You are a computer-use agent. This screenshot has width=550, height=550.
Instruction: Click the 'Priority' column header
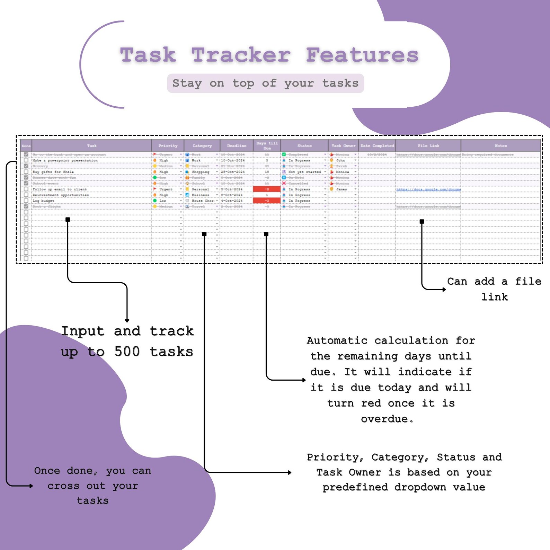pyautogui.click(x=168, y=146)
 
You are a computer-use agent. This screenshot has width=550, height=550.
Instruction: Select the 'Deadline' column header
pyautogui.click(x=237, y=146)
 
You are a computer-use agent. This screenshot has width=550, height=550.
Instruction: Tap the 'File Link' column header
pyautogui.click(x=428, y=146)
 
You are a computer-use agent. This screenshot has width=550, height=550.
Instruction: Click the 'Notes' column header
pyautogui.click(x=500, y=146)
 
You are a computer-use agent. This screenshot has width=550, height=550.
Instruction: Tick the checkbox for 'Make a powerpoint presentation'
pyautogui.click(x=26, y=160)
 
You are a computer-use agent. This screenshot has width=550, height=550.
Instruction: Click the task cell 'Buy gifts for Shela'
pyautogui.click(x=53, y=172)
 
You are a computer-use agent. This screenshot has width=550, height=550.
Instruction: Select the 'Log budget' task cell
pyautogui.click(x=43, y=201)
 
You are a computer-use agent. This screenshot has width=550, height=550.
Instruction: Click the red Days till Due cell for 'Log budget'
pyautogui.click(x=267, y=201)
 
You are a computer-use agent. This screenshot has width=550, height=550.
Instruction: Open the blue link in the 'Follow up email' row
pyautogui.click(x=428, y=189)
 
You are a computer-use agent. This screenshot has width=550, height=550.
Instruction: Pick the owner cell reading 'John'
pyautogui.click(x=340, y=160)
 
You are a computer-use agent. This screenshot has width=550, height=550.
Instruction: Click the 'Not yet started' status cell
pyautogui.click(x=304, y=172)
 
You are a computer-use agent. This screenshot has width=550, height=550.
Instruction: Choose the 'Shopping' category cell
pyautogui.click(x=200, y=172)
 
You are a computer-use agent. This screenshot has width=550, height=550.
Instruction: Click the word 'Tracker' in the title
pyautogui.click(x=241, y=55)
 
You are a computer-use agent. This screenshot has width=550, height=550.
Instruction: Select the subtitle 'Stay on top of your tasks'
pyautogui.click(x=265, y=83)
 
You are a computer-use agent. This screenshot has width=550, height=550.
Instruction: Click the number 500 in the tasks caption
pyautogui.click(x=127, y=352)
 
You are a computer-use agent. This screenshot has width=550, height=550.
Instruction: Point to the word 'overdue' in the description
pyautogui.click(x=384, y=419)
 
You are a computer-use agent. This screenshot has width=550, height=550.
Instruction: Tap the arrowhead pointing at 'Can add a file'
pyautogui.click(x=444, y=290)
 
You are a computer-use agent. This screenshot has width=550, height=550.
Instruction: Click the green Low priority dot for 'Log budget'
pyautogui.click(x=155, y=201)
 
